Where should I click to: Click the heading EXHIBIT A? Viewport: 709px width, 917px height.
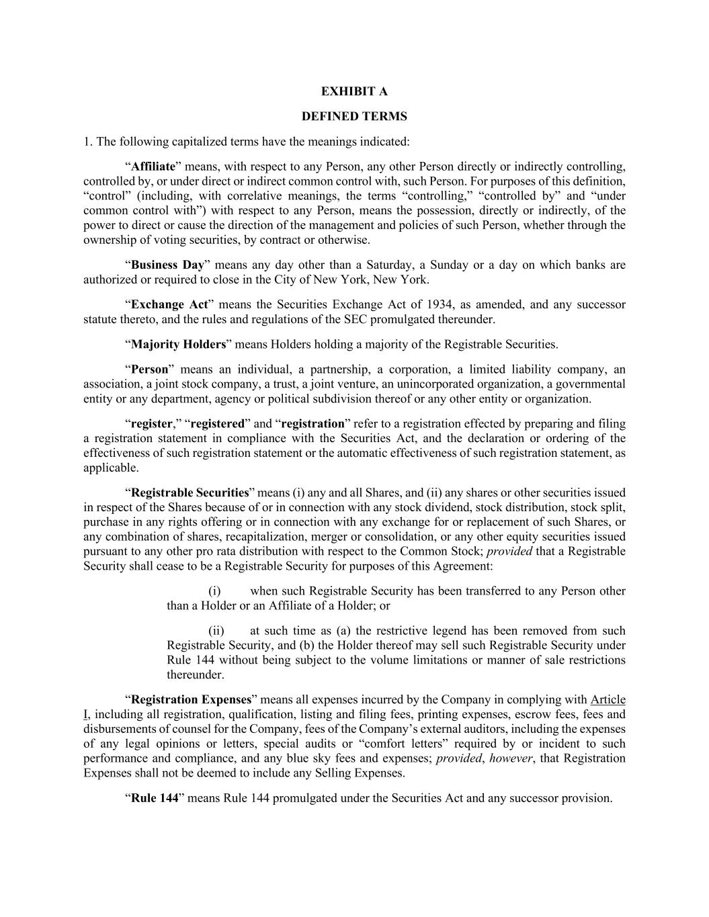354,91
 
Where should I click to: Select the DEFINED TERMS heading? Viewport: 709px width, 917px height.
354,117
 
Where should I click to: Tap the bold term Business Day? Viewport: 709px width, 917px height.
167,265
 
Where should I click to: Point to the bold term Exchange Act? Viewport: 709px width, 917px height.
169,304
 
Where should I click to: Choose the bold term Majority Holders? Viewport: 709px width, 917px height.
178,345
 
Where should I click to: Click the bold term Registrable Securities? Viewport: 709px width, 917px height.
190,492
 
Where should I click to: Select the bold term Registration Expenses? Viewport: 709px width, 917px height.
191,699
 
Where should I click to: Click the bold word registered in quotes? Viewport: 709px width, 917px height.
218,424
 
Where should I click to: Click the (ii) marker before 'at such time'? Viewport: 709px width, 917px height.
216,631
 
